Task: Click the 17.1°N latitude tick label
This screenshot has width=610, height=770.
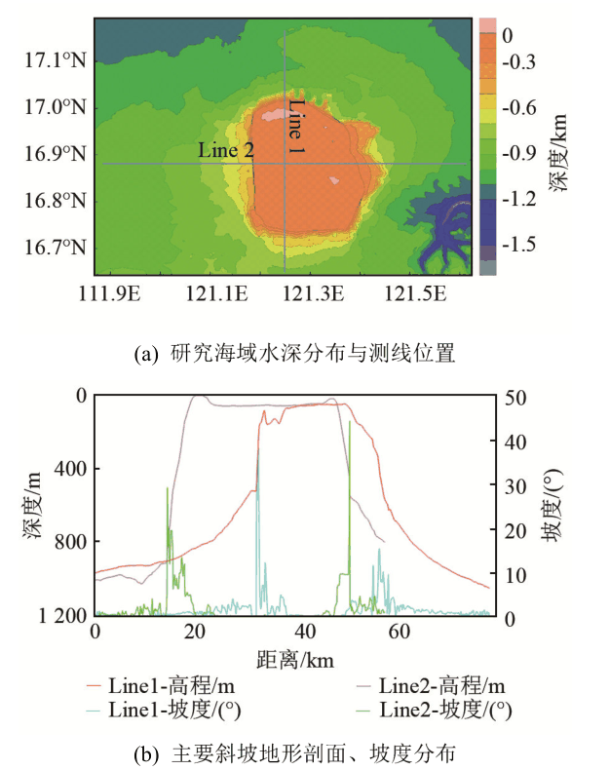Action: click(56, 59)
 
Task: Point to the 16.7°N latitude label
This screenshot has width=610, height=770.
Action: click(56, 248)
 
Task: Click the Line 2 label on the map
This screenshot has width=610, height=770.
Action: click(226, 150)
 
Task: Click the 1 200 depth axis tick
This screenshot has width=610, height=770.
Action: click(59, 615)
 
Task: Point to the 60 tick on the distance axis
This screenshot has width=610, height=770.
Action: click(397, 632)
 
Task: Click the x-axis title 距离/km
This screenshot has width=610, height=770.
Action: click(294, 660)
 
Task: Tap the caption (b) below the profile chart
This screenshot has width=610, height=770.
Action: click(295, 751)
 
